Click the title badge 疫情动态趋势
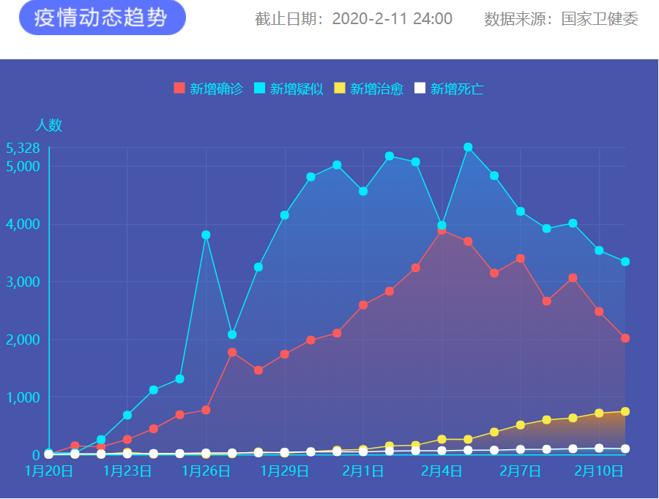103,18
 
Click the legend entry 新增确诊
208,89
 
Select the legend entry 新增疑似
288,89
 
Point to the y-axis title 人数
48,125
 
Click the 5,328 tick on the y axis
23,148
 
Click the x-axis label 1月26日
206,470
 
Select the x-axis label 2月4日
442,470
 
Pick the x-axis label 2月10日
599,470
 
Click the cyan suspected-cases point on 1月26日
206,235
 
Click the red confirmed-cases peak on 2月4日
442,230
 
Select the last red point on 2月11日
625,338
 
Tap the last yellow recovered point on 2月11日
625,411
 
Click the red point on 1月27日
232,352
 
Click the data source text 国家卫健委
600,19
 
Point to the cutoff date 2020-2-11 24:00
392,19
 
